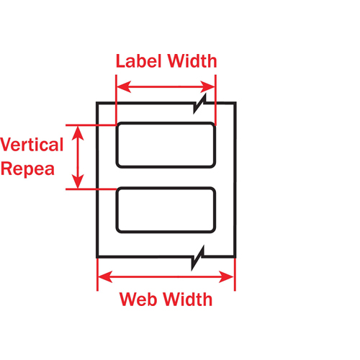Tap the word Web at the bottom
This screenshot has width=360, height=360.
139,299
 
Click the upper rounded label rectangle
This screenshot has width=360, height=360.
166,145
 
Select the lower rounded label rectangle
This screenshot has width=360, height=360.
166,210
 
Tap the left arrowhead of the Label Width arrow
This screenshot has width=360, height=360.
121,88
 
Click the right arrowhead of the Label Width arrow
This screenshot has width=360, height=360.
211,88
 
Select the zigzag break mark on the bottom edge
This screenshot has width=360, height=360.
199,257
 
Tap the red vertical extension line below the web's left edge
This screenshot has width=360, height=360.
97,277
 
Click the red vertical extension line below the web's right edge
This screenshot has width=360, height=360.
235,277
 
